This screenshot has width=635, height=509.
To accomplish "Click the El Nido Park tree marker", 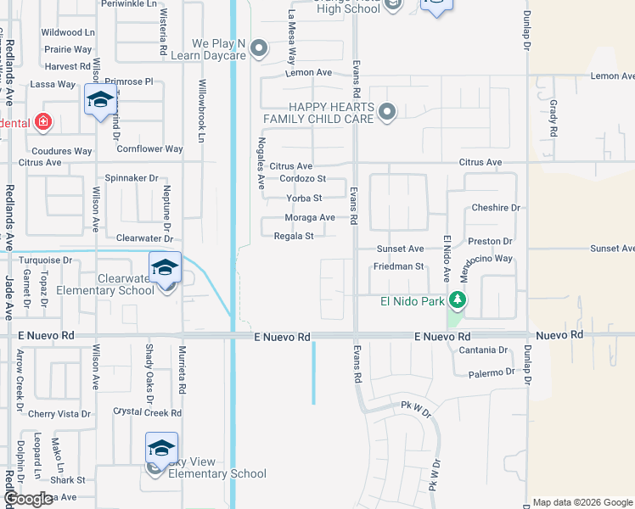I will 458,299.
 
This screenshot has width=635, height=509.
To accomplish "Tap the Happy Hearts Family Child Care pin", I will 387,112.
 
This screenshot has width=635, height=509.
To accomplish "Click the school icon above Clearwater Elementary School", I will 164,268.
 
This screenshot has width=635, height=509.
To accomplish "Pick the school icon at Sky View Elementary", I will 161,449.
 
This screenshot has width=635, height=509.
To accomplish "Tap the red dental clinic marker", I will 43,122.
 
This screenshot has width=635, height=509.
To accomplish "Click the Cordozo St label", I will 303,179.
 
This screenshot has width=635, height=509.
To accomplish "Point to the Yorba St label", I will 305,199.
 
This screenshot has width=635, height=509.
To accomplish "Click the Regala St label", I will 295,237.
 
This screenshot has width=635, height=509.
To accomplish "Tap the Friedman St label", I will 398,266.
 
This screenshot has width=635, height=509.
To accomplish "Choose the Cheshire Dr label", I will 495,208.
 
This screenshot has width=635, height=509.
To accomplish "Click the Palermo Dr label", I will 486,372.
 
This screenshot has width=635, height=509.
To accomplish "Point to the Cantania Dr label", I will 482,350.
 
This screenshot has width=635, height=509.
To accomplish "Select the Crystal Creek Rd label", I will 148,413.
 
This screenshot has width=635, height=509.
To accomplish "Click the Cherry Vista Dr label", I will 59,414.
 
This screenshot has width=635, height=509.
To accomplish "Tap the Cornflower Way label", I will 149,149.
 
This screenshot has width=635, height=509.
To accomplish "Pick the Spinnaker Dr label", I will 132,178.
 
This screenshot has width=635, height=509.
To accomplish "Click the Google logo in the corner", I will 28,499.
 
